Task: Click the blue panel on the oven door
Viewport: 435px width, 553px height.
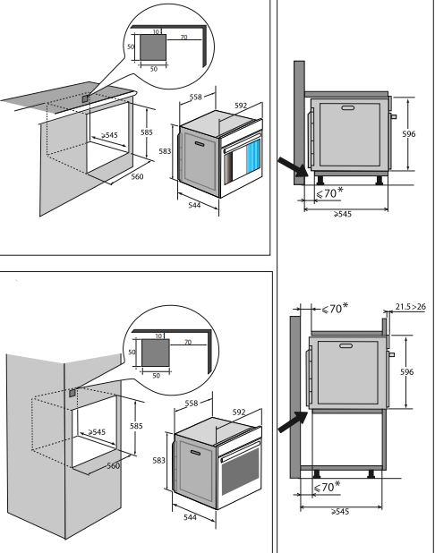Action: tap(253, 156)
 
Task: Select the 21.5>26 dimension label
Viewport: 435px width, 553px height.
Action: tap(410, 307)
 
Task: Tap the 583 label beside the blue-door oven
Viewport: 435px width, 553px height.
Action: tap(165, 151)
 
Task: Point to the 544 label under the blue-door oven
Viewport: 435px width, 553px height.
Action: tap(194, 205)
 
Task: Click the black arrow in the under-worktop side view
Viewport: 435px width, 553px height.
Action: tap(294, 167)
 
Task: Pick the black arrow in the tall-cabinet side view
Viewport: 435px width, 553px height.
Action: tap(294, 421)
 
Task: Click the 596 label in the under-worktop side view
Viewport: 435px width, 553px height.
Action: tap(408, 133)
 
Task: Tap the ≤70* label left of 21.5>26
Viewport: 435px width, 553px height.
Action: tap(335, 308)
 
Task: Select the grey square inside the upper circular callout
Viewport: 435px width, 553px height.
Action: tap(153, 47)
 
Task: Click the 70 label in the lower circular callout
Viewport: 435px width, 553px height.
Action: tap(188, 342)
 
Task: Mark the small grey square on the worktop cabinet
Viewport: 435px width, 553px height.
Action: tap(85, 98)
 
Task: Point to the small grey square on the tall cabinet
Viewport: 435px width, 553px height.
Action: tap(72, 393)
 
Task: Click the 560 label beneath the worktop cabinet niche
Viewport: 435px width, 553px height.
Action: tap(137, 176)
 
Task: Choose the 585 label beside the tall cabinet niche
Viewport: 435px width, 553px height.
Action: tap(136, 426)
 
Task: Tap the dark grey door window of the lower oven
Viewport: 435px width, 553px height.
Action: tap(240, 472)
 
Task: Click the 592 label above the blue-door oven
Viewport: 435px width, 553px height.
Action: tap(241, 106)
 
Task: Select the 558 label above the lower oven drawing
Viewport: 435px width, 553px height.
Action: tap(192, 403)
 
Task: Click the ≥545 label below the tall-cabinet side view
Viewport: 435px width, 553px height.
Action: tap(340, 511)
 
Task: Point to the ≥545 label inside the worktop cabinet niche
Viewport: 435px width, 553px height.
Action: tap(109, 135)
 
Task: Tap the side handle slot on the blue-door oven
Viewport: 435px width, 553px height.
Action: tap(200, 144)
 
